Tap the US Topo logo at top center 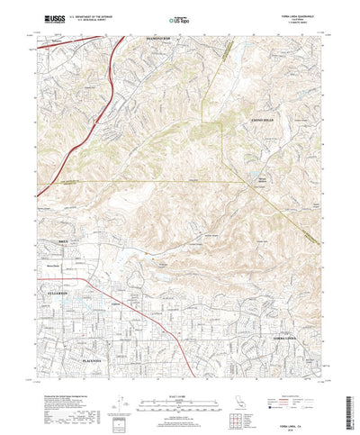coord(179,19)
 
